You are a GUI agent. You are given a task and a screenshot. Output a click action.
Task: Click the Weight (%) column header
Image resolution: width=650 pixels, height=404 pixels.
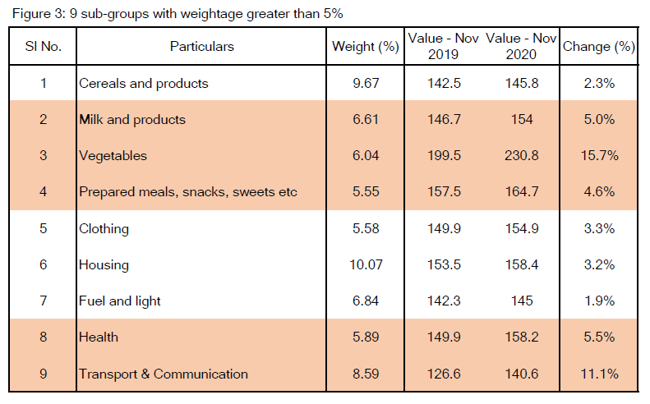coord(365,47)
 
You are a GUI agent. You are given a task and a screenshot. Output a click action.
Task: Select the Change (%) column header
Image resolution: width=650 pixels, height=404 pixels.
coord(598,47)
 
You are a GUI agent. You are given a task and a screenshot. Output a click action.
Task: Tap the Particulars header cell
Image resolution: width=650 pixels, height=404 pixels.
coord(201,47)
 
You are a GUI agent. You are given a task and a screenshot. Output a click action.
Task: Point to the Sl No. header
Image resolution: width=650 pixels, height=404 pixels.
coord(43,47)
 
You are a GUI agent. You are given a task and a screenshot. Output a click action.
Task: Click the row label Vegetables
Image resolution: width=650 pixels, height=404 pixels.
coord(113,155)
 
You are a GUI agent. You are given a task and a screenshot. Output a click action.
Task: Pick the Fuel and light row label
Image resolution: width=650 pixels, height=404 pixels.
coord(120,301)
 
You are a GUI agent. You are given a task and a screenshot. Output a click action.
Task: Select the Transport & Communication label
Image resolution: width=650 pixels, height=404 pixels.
coord(163,374)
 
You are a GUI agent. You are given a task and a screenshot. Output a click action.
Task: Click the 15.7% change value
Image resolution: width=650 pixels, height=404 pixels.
coord(598,155)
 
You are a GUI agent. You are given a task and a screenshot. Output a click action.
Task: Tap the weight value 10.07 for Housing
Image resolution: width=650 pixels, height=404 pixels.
coord(365,264)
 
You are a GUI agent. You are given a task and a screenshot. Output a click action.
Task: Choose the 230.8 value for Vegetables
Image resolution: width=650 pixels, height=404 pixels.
coord(521,155)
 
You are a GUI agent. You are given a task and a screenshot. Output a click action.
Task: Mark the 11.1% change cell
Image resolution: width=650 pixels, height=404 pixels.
coord(598,374)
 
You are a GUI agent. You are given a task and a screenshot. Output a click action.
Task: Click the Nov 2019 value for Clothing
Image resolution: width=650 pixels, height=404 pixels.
coord(444,228)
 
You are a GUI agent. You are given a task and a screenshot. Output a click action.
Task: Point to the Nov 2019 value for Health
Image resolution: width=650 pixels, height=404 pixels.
coord(444,337)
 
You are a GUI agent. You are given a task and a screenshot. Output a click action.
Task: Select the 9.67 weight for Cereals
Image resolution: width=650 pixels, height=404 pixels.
coord(365,83)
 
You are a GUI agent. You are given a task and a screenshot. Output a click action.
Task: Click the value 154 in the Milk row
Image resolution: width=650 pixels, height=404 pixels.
coord(521,119)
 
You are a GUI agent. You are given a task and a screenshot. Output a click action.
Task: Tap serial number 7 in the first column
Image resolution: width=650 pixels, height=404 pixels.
coord(43,301)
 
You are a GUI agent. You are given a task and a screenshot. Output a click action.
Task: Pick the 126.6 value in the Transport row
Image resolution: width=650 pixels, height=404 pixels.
coord(444,374)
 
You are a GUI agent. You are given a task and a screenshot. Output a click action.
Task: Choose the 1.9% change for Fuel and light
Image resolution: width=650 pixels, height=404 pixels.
coord(598,301)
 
